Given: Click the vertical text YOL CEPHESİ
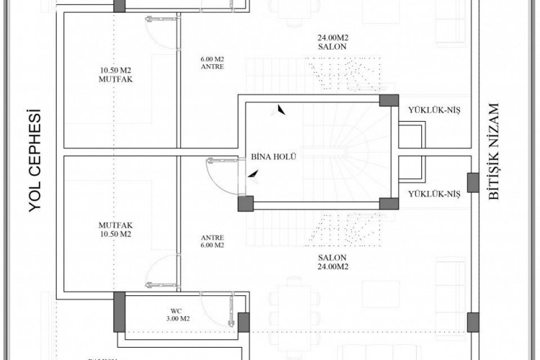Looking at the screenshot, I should click(32, 159).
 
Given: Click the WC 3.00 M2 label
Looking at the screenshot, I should click(175, 314).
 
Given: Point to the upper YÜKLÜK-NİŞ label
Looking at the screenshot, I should click(433, 110).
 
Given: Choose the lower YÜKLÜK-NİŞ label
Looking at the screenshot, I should click(433, 194).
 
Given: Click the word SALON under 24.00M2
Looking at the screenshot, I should click(332, 46).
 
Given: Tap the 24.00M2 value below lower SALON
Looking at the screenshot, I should click(332, 266).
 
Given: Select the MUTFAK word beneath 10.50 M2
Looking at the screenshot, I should click(114, 80).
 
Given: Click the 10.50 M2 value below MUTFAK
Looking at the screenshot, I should click(114, 234).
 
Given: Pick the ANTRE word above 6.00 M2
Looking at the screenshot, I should click(213, 238).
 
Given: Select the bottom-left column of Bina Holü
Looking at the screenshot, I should click(246, 204).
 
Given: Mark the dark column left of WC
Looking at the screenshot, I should click(119, 311).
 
